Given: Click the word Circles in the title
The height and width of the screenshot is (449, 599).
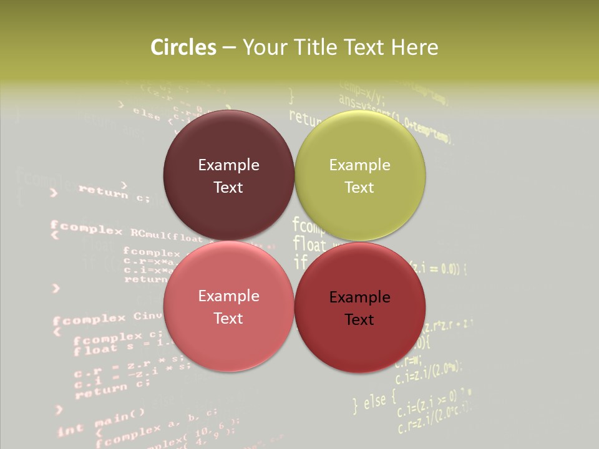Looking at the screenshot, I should coord(183,47).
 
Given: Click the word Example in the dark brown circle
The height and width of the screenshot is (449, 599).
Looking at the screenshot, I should coord(228,165).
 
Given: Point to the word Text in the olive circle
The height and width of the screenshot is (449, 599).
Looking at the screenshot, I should coord(359,188).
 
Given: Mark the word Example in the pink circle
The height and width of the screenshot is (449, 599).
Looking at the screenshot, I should coord(228,296).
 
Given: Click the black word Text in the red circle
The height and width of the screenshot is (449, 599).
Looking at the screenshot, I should coord(359,320).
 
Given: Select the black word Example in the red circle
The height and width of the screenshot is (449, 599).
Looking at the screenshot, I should coord(360,297).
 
